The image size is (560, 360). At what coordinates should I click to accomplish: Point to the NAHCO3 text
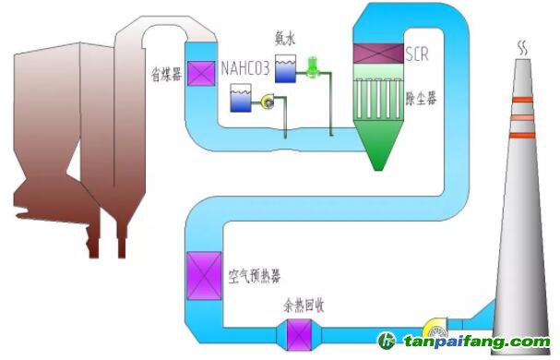pos(247,68)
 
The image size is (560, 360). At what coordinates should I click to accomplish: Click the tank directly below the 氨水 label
pos(285,67)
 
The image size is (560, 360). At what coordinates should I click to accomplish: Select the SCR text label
pos(416,55)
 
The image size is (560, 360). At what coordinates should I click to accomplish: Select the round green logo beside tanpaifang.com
pos(387,342)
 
